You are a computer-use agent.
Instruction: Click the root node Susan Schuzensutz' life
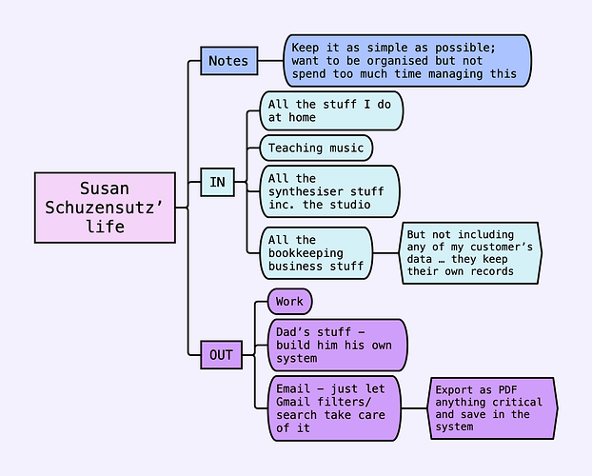[106, 208]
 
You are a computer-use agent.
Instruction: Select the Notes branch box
[227, 61]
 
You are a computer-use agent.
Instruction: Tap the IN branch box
[217, 182]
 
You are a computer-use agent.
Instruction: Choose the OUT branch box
[221, 355]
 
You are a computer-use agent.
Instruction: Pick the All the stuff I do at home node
[331, 110]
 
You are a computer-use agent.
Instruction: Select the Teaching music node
[316, 148]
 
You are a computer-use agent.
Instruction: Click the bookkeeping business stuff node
[316, 253]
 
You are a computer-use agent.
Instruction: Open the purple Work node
[289, 302]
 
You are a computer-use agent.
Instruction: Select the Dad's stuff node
[337, 345]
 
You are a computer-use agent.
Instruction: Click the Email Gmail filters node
[334, 408]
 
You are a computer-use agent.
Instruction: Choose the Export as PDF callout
[491, 407]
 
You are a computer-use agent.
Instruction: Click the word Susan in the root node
[105, 188]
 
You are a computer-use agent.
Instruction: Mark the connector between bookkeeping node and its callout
[386, 253]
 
